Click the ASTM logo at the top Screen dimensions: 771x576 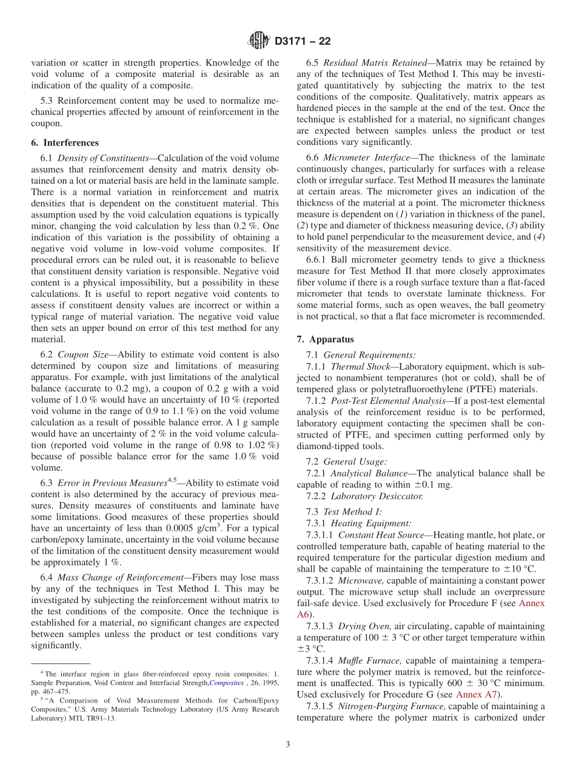point(259,41)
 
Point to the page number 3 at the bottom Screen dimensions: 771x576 point(288,744)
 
